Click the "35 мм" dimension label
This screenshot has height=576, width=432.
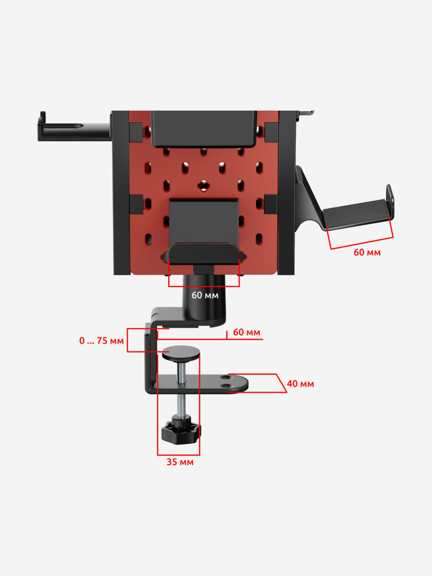coord(180,462)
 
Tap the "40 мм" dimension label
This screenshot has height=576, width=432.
coord(300,384)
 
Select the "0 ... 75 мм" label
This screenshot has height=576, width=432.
coord(101,340)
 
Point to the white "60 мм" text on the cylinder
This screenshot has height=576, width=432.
coord(205,295)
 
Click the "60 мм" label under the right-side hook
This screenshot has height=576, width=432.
coord(367,253)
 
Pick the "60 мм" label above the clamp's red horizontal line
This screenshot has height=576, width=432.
coord(246,332)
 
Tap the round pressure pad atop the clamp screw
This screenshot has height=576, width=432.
coord(182,353)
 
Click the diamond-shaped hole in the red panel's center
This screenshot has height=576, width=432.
coord(202,186)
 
